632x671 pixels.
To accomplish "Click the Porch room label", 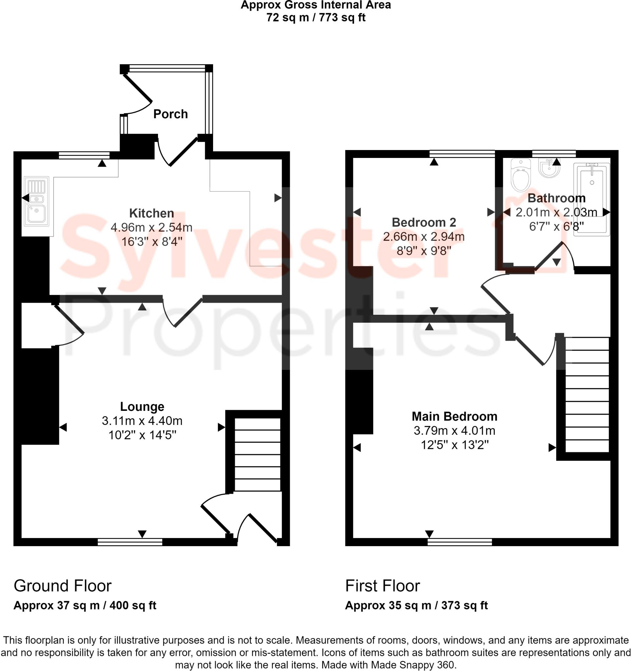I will pyautogui.click(x=170, y=114).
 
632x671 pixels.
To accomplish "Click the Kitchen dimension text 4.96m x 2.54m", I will pyautogui.click(x=151, y=227).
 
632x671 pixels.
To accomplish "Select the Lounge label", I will pyautogui.click(x=142, y=406).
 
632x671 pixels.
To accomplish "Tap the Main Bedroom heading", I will pyautogui.click(x=454, y=416).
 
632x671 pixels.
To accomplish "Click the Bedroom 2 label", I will pyautogui.click(x=424, y=222).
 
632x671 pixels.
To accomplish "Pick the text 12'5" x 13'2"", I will pyautogui.click(x=454, y=445).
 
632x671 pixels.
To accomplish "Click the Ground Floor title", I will pyautogui.click(x=63, y=585).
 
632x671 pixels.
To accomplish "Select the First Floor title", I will pyautogui.click(x=382, y=585).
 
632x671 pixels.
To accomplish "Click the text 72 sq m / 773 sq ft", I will pyautogui.click(x=316, y=18).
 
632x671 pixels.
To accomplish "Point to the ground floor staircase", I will pyautogui.click(x=257, y=454).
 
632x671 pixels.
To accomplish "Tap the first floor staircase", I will pyautogui.click(x=587, y=395).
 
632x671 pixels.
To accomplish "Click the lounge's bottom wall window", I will pyautogui.click(x=130, y=542).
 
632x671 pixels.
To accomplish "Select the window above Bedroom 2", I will pyautogui.click(x=462, y=154).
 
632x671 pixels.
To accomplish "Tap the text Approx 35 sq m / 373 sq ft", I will pyautogui.click(x=416, y=605).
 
